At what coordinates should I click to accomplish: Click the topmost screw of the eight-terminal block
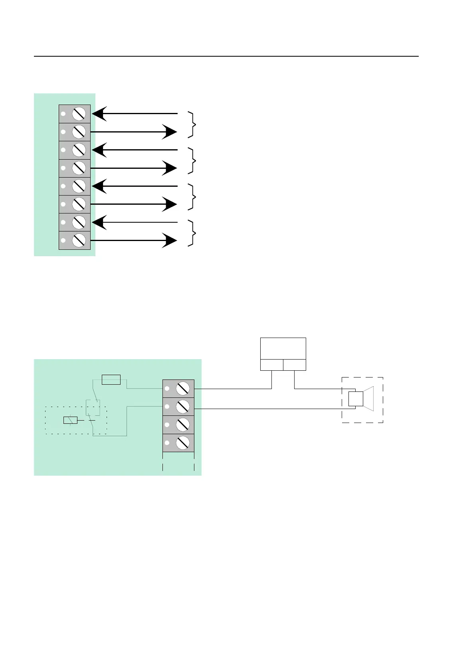pos(79,114)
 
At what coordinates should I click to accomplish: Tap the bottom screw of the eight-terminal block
pos(79,240)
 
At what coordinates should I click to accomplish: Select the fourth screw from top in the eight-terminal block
pos(79,168)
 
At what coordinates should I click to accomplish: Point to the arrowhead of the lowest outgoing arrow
pos(170,241)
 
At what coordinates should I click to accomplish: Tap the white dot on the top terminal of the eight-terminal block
pos(63,114)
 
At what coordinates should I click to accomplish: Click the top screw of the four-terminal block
pos(183,388)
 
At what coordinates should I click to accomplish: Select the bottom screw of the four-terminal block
pos(183,443)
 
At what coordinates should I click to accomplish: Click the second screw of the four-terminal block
pos(183,407)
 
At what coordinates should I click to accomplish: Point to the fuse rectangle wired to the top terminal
pos(111,379)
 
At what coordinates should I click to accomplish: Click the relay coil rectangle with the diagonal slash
pos(70,420)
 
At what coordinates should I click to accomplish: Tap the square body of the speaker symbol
pos(355,399)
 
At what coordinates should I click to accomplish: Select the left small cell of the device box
pos(271,365)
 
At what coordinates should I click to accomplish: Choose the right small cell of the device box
pos(295,365)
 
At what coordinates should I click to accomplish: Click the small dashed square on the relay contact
pos(93,407)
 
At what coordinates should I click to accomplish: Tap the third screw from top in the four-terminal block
pos(183,425)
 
